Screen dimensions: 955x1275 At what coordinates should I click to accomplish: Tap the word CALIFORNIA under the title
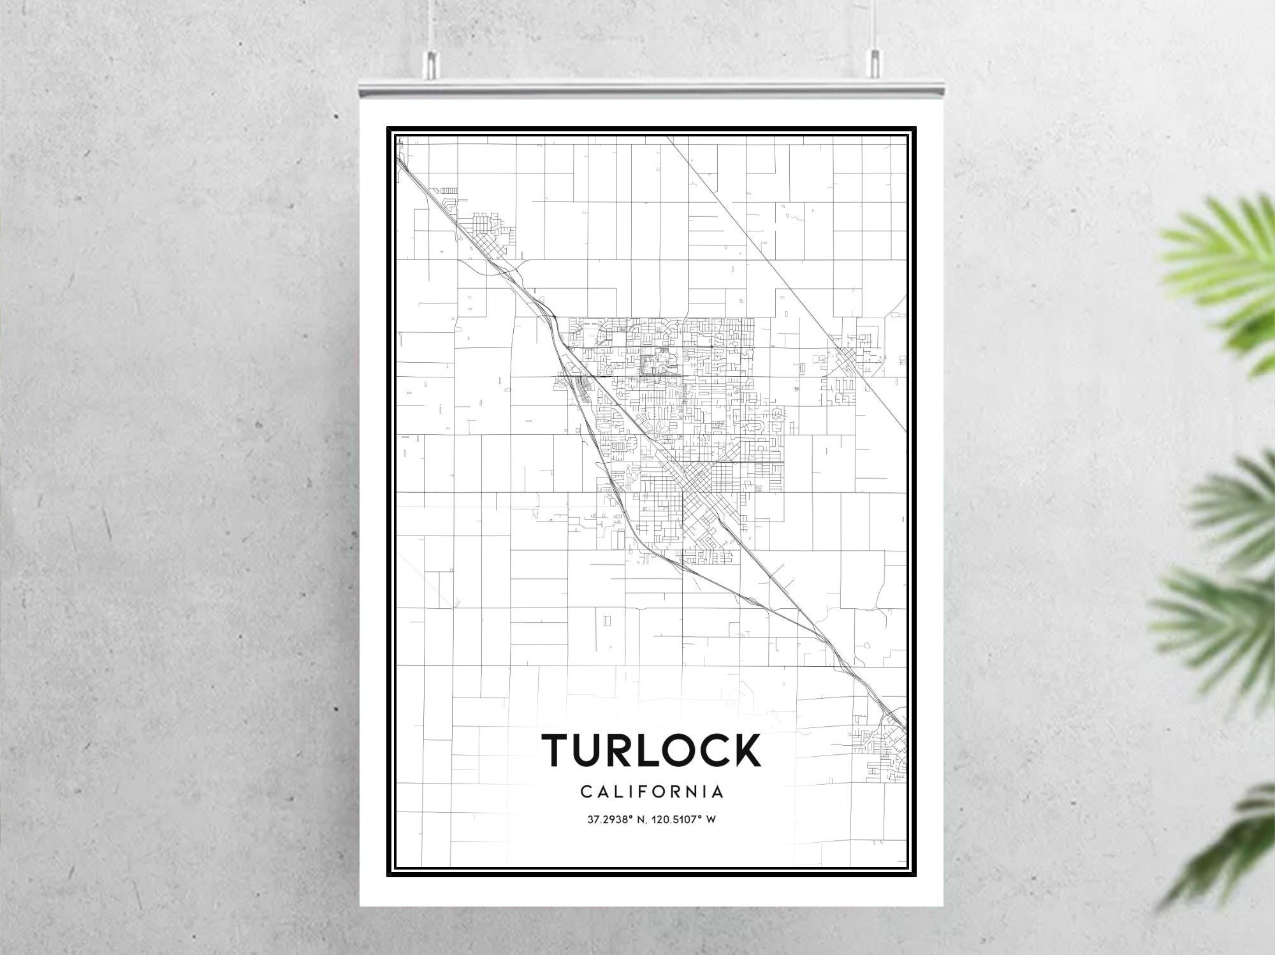[x=652, y=792]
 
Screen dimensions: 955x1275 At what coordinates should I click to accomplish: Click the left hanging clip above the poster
[x=432, y=61]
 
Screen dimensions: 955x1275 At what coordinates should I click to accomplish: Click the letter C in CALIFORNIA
[x=586, y=792]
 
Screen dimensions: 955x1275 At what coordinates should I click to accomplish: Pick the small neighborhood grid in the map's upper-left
[x=488, y=233]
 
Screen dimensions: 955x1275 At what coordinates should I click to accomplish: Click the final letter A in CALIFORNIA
[x=718, y=792]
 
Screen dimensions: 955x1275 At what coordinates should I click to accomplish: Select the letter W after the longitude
[x=711, y=819]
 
